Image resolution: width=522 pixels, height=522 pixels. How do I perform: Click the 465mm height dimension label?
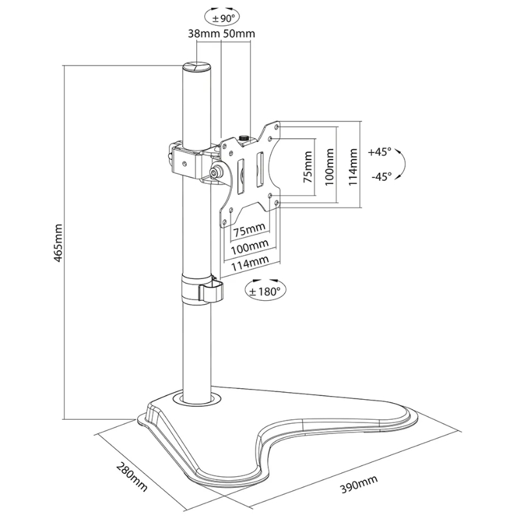point(58,242)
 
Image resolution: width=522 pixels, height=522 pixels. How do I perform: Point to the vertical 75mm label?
point(308,166)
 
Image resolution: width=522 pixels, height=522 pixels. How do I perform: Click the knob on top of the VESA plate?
point(245,138)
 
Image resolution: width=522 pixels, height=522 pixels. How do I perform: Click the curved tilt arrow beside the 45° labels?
point(401,164)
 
